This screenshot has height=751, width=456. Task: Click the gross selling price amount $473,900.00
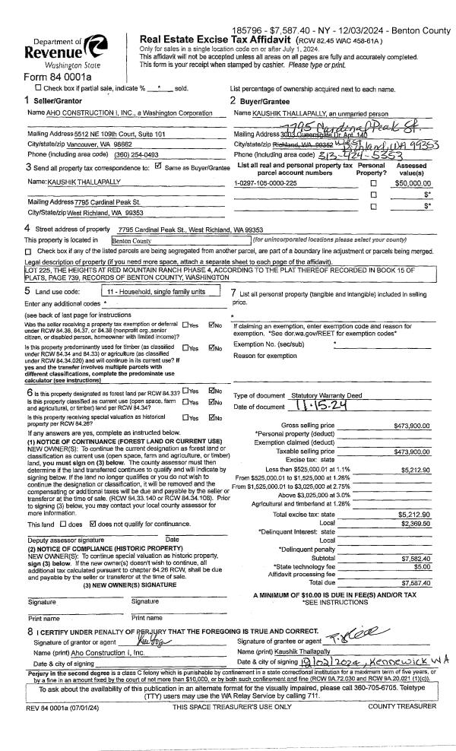tap(413, 426)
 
